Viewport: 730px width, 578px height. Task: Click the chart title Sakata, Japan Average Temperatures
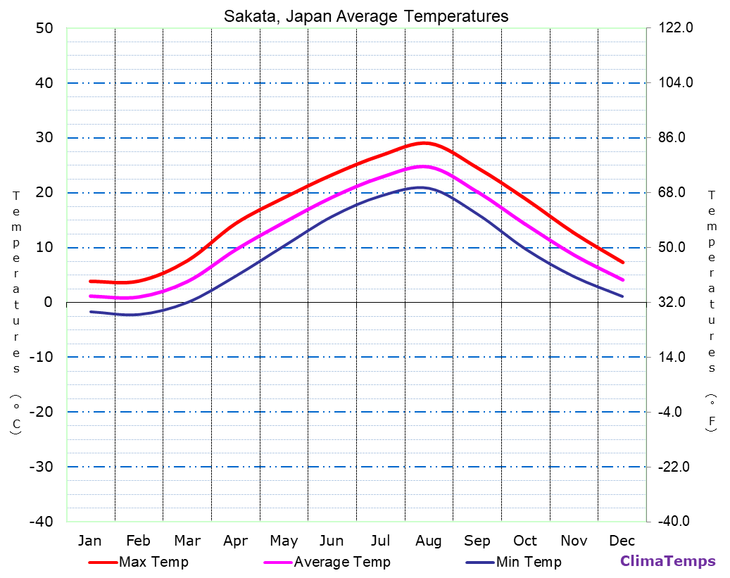click(366, 16)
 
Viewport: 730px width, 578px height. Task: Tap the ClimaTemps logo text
click(667, 561)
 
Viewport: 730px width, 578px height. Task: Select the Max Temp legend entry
click(153, 562)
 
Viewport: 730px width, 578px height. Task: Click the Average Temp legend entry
click(341, 562)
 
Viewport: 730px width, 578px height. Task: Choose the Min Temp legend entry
click(528, 562)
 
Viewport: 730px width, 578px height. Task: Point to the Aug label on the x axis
click(428, 541)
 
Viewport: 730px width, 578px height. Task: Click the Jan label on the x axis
click(89, 541)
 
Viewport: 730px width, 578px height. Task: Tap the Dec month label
click(622, 541)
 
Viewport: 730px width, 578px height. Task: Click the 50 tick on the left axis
click(44, 28)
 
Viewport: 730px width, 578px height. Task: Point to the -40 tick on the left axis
click(40, 522)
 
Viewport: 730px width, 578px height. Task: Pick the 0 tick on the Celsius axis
click(48, 302)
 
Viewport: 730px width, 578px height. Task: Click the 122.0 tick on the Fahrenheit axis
click(676, 28)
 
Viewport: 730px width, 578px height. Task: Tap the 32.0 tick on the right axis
click(676, 302)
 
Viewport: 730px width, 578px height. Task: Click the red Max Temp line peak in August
click(423, 143)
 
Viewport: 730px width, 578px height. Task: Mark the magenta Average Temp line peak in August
click(423, 166)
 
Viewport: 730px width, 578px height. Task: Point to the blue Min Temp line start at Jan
click(91, 311)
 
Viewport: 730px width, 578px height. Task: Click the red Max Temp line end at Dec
click(623, 262)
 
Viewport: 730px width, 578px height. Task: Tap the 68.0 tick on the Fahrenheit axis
click(676, 192)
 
